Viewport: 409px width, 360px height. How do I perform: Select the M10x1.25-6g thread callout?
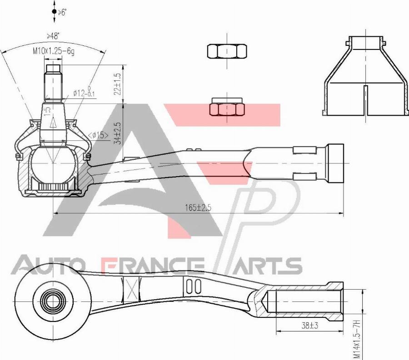click(53, 51)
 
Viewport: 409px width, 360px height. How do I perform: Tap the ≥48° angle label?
click(53, 36)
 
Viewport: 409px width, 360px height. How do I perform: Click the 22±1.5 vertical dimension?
click(118, 84)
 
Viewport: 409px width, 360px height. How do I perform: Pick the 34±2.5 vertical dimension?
click(118, 133)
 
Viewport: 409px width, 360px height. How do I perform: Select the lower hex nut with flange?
click(227, 108)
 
